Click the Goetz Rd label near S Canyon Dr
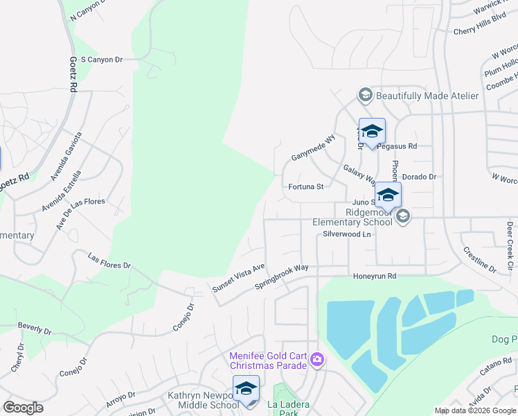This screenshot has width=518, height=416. [x=73, y=76]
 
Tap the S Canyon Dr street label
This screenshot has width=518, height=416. [x=102, y=60]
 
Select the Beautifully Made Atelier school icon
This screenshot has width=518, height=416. [x=365, y=95]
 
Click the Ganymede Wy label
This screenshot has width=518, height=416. [x=313, y=147]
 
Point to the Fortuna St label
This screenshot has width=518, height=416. [x=306, y=187]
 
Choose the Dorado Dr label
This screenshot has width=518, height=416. [x=419, y=177]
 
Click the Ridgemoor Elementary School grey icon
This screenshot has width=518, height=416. [x=402, y=218]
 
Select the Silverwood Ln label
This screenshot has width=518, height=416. [x=347, y=234]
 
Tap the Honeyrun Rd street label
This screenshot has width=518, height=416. [x=374, y=276]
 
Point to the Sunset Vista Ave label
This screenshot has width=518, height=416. [x=239, y=277]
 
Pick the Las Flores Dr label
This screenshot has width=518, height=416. [x=109, y=261]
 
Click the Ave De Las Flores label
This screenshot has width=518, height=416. [x=81, y=211]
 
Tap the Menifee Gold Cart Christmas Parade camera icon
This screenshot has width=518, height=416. [x=316, y=358]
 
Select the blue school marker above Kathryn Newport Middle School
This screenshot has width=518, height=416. [x=246, y=388]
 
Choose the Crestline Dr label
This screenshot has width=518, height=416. [x=479, y=259]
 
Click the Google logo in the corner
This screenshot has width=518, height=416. [x=23, y=408]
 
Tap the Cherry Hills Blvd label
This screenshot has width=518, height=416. [x=481, y=31]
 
